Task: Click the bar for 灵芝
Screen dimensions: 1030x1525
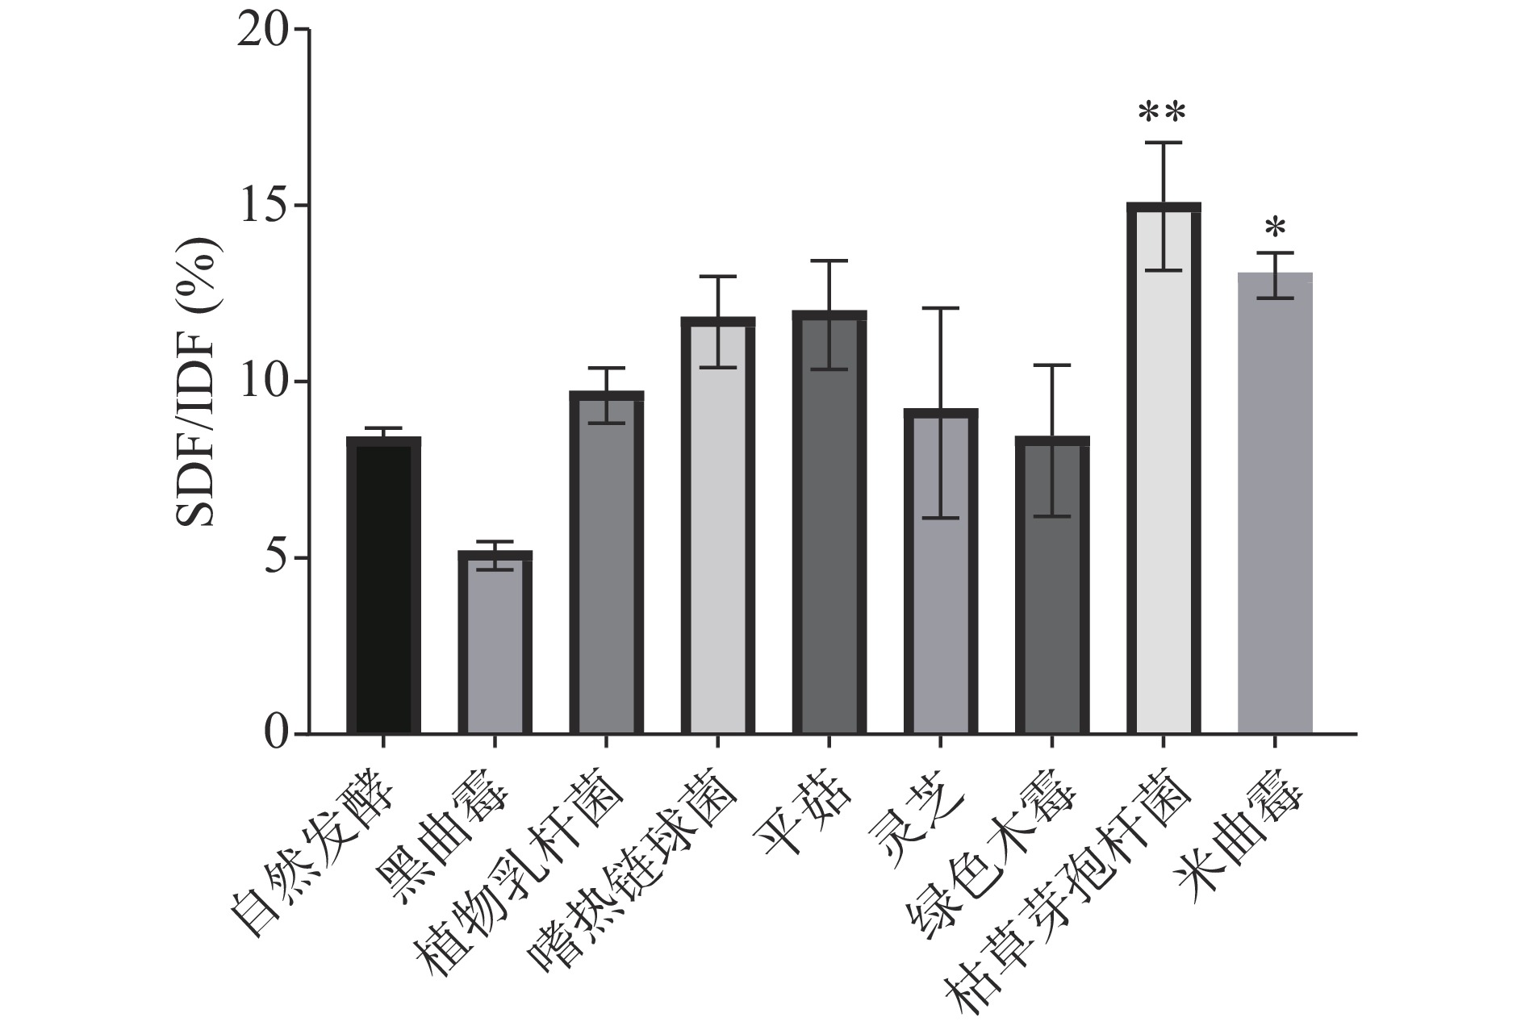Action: click(x=940, y=572)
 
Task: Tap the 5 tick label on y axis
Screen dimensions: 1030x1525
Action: click(x=276, y=558)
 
